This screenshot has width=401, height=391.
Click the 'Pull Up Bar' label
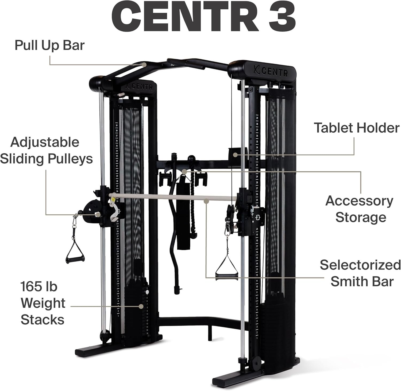tap(49, 45)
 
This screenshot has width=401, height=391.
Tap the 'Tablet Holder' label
tap(357, 128)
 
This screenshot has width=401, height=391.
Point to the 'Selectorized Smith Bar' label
tap(360, 273)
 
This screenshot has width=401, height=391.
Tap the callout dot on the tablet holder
tap(235, 154)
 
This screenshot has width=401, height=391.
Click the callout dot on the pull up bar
tap(144, 64)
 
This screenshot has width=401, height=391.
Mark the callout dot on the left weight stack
tap(141, 307)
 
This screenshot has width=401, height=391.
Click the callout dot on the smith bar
tap(206, 201)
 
